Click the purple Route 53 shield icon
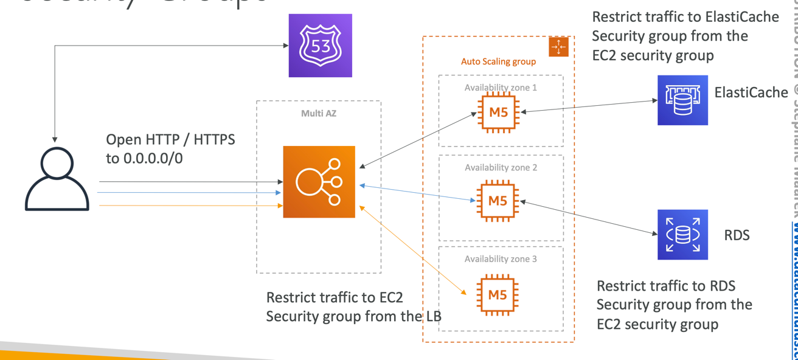(x=320, y=46)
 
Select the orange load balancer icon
(x=319, y=182)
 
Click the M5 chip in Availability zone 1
(x=498, y=112)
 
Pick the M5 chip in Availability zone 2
(x=498, y=201)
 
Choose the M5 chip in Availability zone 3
(x=498, y=295)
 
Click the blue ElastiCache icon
(x=682, y=100)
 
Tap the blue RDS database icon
(x=682, y=235)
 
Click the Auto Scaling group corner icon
(x=558, y=47)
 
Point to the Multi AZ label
(x=319, y=114)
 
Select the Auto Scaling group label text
(x=498, y=61)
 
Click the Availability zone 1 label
(x=501, y=88)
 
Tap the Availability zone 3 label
(x=501, y=259)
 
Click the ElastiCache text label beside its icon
(x=751, y=93)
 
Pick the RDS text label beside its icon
(x=737, y=235)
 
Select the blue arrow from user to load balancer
(x=189, y=193)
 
